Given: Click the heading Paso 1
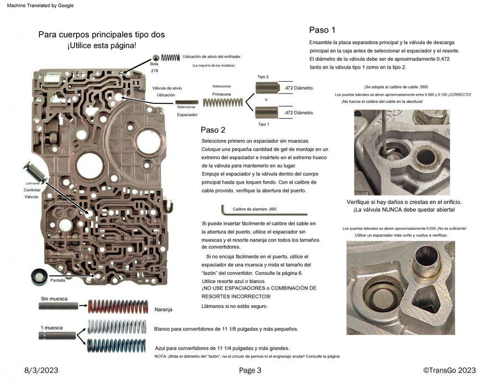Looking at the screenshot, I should tap(322, 30).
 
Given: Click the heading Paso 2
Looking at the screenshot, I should tap(213, 130).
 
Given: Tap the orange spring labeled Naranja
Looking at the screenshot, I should tap(118, 306).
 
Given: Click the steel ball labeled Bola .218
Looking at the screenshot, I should tap(155, 58).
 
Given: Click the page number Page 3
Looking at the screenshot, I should tap(250, 370).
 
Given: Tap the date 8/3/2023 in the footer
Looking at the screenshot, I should tap(41, 370).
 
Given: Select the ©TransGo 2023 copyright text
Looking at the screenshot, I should tap(449, 370).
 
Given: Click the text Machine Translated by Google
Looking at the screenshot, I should tap(38, 6).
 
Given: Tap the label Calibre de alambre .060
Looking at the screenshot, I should tap(254, 210).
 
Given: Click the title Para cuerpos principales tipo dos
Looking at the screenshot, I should tap(101, 34).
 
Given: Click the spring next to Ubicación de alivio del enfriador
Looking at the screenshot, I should tap(171, 57).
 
